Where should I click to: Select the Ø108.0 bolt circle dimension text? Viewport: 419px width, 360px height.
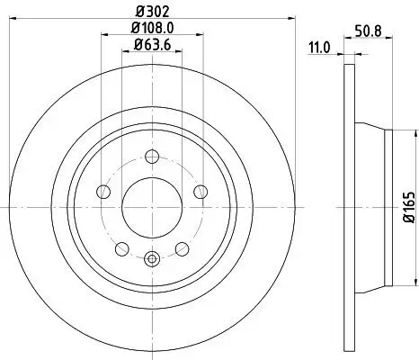151,28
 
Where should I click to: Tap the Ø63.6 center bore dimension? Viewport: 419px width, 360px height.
151,44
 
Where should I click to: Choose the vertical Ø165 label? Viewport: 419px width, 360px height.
409,207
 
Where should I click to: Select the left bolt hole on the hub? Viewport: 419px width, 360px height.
102,191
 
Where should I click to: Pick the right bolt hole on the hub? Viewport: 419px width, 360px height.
200,191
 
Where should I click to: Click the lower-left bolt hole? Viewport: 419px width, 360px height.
120,247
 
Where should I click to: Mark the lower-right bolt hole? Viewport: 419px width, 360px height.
182,247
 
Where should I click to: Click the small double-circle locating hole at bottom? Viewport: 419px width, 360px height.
151,259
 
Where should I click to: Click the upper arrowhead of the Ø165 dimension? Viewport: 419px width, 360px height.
397,133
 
